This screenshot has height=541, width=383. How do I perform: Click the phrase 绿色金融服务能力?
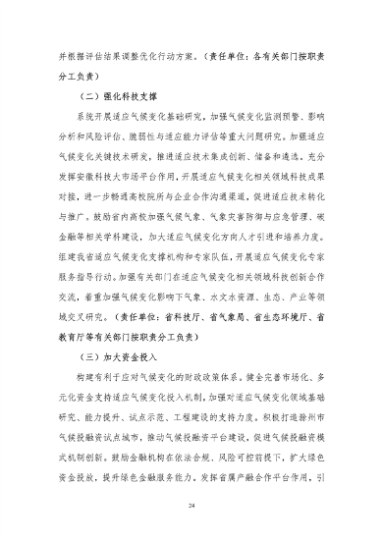[x=156, y=461]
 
